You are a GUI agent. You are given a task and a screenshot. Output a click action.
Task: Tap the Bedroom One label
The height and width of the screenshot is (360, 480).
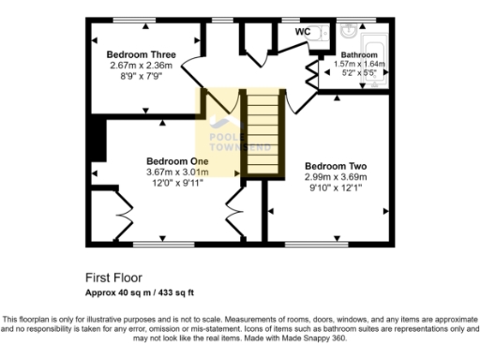[x=175, y=160]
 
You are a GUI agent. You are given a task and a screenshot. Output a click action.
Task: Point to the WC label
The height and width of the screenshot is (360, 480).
[x=303, y=32]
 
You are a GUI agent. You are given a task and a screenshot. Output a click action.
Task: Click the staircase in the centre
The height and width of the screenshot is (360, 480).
[x=262, y=131]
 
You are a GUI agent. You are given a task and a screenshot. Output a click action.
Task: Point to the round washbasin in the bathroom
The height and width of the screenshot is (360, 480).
[x=347, y=28]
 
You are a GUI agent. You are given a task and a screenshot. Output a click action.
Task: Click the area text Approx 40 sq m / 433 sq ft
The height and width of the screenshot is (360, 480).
[x=140, y=292]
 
